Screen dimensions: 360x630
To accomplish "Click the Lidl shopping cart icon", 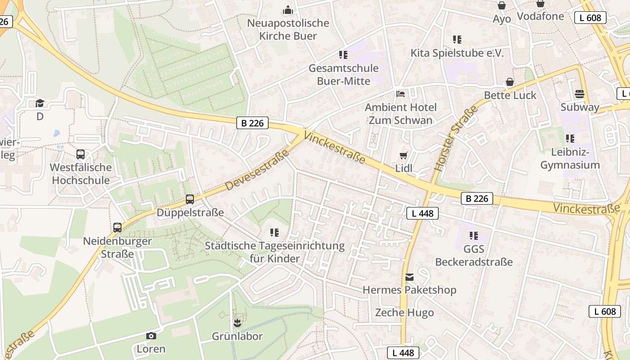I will click(x=404, y=155).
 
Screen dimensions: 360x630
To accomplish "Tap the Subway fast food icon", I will click(x=580, y=94).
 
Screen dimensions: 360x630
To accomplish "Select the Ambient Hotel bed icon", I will click(x=400, y=94).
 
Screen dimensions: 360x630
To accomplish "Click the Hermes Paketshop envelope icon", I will click(x=409, y=277).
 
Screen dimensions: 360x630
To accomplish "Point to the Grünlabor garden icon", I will click(x=237, y=323).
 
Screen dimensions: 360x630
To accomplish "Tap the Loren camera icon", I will click(x=151, y=336).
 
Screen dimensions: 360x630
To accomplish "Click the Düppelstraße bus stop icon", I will click(x=190, y=199).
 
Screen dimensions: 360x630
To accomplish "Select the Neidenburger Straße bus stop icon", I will click(x=117, y=228).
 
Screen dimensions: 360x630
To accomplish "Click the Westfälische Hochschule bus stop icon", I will click(x=81, y=154).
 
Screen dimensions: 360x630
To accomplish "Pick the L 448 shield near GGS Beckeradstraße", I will click(x=423, y=213).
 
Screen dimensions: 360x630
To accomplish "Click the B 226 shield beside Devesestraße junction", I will click(x=252, y=123).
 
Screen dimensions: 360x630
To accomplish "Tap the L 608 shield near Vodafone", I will click(x=590, y=18).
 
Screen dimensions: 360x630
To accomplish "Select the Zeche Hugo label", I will click(x=404, y=312).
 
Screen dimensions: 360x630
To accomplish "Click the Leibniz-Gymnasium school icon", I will click(x=570, y=139).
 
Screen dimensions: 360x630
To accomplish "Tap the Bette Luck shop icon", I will click(x=510, y=82).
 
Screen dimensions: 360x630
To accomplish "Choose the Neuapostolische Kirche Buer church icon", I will click(x=288, y=10).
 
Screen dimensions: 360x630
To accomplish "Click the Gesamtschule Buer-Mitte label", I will click(x=343, y=75).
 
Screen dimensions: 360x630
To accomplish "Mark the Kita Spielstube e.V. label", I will click(x=457, y=53).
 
